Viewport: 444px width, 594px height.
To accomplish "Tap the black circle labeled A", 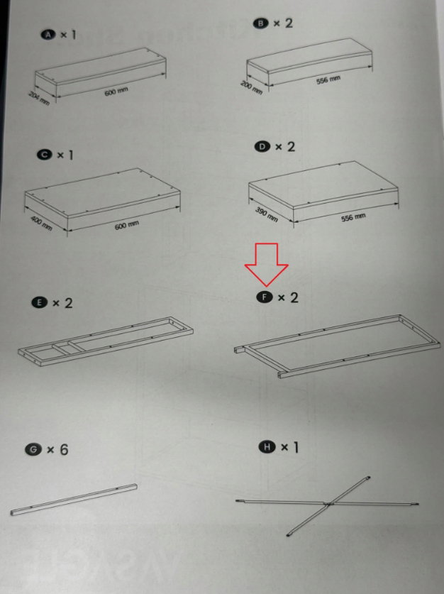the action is [48, 35].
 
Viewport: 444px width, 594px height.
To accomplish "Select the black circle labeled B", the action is [260, 23].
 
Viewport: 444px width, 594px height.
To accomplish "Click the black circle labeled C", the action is [44, 155].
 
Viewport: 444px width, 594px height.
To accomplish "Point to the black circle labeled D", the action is [262, 147].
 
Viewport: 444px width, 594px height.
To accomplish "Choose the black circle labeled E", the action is [40, 303].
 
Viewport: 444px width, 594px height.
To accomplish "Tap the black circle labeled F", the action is [265, 297].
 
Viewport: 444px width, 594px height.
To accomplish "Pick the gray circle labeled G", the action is [33, 450].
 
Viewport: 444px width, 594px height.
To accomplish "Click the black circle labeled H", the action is [267, 447].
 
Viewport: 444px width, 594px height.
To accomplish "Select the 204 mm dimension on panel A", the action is [39, 98].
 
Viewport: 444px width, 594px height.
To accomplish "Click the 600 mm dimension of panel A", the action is [116, 92].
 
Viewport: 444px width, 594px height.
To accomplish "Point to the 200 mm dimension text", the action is [252, 87].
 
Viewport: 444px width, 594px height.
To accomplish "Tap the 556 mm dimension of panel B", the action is [328, 79].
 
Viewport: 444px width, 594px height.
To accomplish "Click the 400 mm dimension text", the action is [42, 223].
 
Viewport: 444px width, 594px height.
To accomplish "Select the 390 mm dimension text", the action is [267, 214].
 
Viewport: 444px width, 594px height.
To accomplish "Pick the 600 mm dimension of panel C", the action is [127, 225].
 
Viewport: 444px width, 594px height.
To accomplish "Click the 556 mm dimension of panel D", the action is [353, 218].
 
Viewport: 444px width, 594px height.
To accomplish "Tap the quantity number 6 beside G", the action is [64, 449].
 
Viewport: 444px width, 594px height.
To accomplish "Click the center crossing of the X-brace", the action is [328, 503].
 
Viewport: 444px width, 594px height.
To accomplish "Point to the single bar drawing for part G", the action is [74, 500].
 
